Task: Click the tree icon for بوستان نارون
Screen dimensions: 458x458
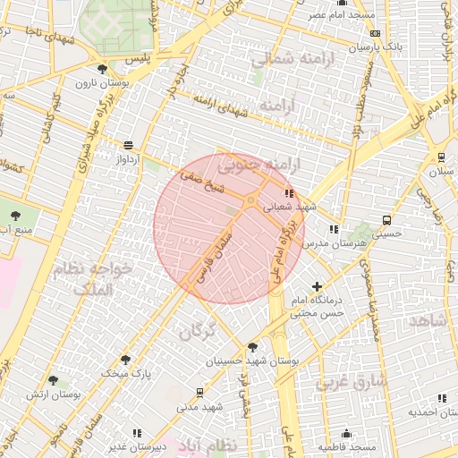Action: (x=103, y=69)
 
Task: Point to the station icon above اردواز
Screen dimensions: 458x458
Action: (x=129, y=144)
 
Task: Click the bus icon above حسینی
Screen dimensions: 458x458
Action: (x=386, y=220)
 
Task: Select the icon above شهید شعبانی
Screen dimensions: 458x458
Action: (x=288, y=192)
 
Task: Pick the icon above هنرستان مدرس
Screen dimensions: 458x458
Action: (x=334, y=230)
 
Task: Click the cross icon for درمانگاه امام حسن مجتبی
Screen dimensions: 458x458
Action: (x=317, y=286)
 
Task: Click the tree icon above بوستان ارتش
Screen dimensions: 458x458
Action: (x=53, y=380)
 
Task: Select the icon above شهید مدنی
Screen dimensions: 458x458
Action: (x=199, y=392)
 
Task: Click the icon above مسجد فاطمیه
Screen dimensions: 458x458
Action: (x=346, y=434)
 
